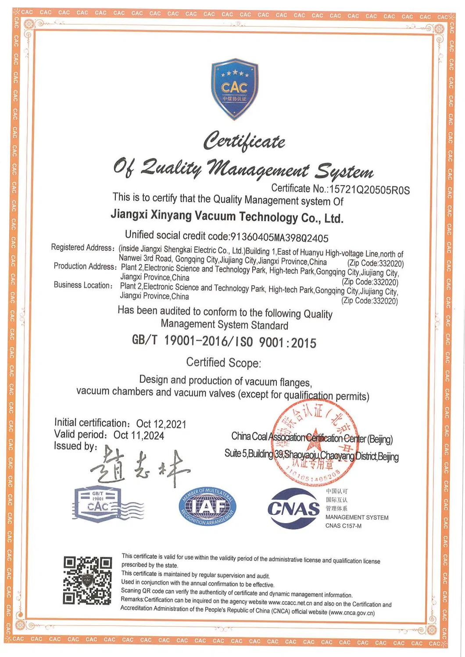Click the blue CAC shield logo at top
click(235, 89)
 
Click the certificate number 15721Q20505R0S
click(369, 190)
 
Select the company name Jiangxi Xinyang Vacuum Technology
click(226, 216)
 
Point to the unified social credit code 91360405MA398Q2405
click(279, 238)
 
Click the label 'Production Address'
click(85, 266)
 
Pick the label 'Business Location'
click(82, 285)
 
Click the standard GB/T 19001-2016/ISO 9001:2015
click(224, 341)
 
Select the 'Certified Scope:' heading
click(223, 363)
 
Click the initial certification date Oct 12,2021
click(161, 424)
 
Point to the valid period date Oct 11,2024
click(139, 435)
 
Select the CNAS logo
click(293, 508)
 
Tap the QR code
click(87, 580)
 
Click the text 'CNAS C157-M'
click(343, 526)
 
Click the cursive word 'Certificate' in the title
click(244, 141)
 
